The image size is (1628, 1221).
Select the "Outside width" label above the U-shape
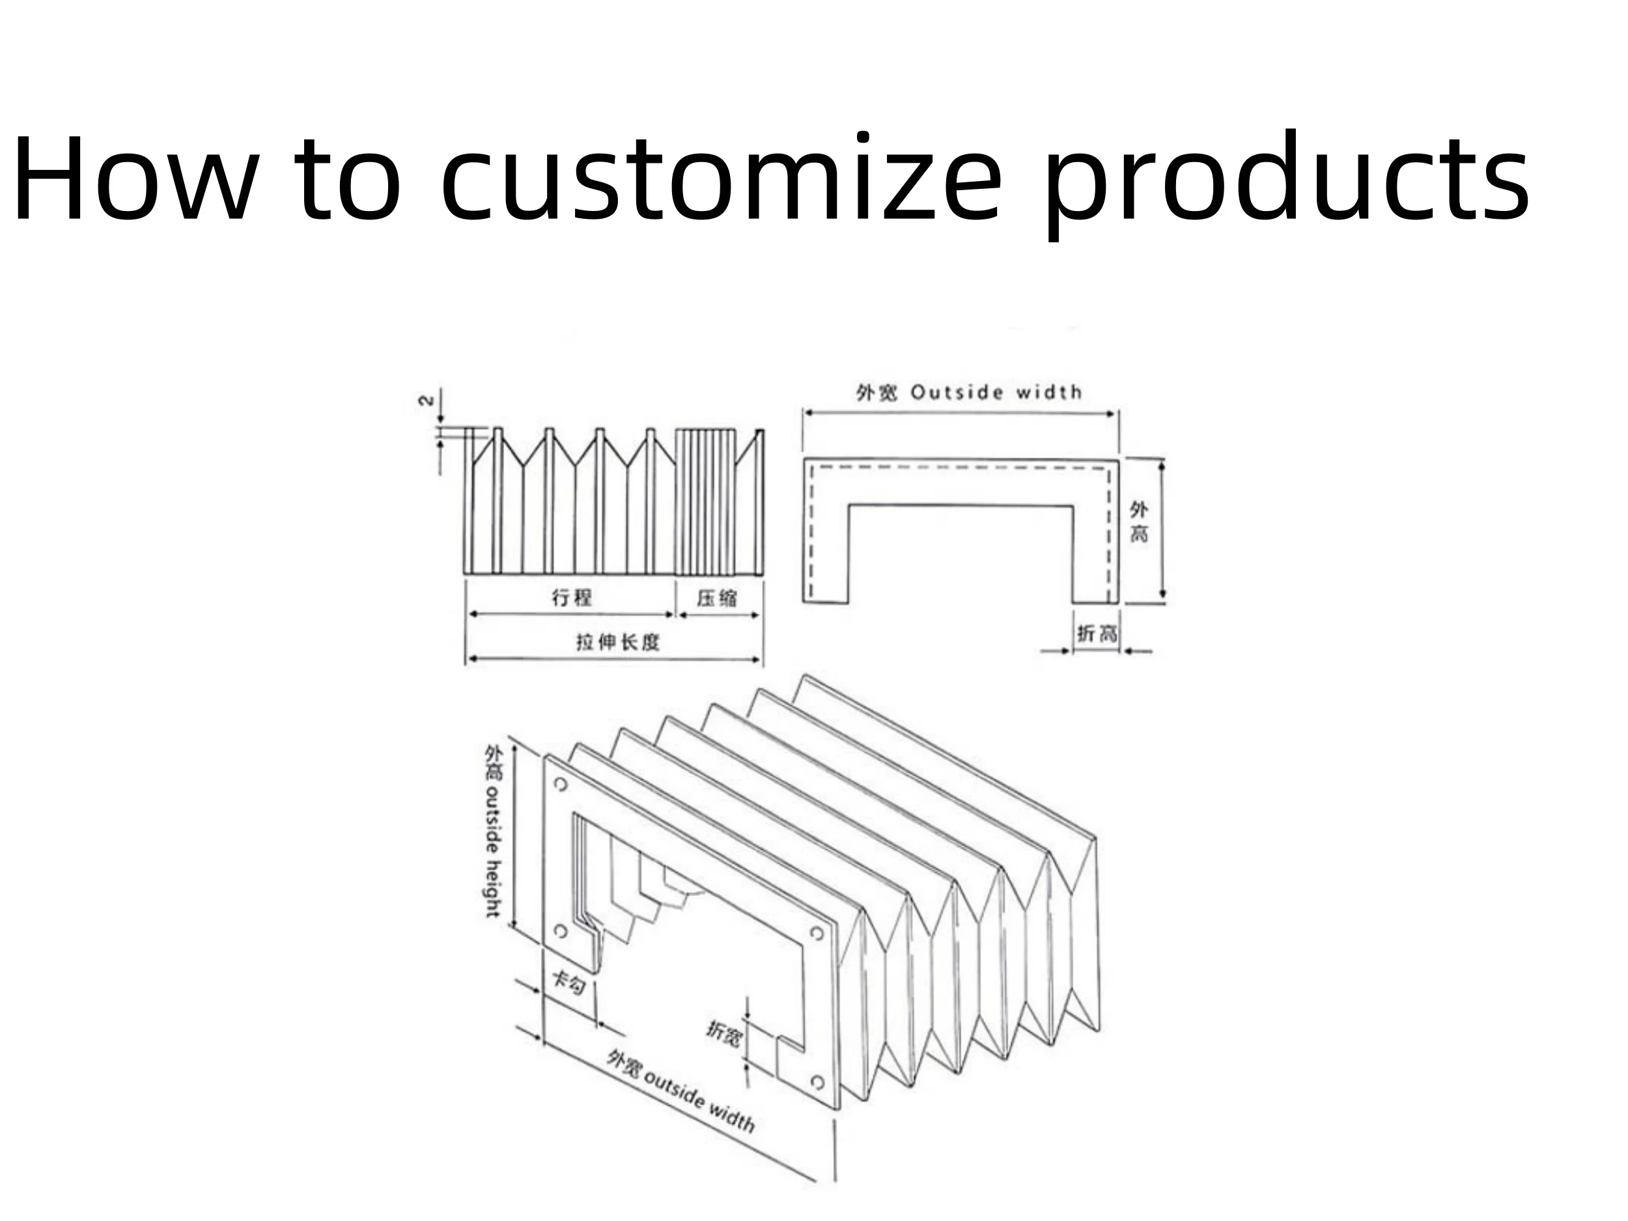996,392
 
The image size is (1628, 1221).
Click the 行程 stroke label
572,597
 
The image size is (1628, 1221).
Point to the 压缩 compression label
717,598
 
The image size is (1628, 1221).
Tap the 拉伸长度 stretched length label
617,643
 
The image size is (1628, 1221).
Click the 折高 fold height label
1097,634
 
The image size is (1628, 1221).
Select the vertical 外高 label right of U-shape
1138,521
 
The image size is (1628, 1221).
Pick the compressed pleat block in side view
705,502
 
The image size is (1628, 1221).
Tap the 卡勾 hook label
568,982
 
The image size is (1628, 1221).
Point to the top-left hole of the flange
561,785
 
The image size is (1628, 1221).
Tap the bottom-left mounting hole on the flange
560,932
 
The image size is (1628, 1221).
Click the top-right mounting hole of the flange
816,933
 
